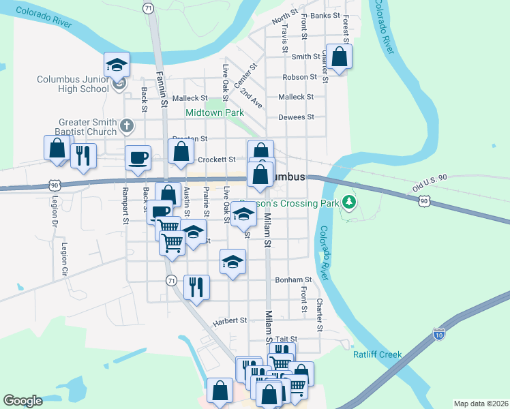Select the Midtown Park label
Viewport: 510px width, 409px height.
point(215,112)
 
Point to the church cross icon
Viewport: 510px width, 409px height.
point(126,125)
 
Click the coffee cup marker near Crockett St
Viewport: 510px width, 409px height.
point(138,158)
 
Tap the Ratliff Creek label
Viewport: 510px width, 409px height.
point(377,354)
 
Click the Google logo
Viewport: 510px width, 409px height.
point(22,401)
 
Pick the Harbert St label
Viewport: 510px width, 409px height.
point(229,320)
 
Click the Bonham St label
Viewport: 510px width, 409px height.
point(293,279)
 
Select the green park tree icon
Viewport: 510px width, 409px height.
point(349,201)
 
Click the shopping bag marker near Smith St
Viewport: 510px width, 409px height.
point(339,57)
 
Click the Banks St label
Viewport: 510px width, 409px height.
point(325,15)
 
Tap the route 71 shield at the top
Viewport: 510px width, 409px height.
point(148,7)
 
